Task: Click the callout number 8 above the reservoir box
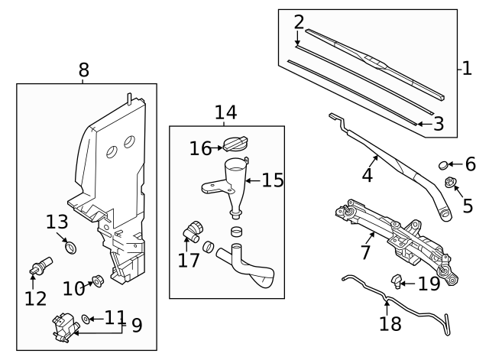[x=83, y=70]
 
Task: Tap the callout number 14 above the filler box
[x=225, y=113]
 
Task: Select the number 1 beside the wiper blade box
[x=467, y=69]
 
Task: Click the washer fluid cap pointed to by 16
[x=234, y=144]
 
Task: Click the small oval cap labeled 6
[x=444, y=164]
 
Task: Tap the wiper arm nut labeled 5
[x=451, y=183]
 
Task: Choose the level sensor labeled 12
[x=37, y=268]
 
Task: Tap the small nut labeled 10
[x=98, y=281]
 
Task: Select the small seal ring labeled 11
[x=86, y=319]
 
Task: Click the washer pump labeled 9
[x=63, y=327]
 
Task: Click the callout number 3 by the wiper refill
[x=438, y=123]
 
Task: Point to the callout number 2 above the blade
[x=299, y=21]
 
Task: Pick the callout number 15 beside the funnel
[x=272, y=180]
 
